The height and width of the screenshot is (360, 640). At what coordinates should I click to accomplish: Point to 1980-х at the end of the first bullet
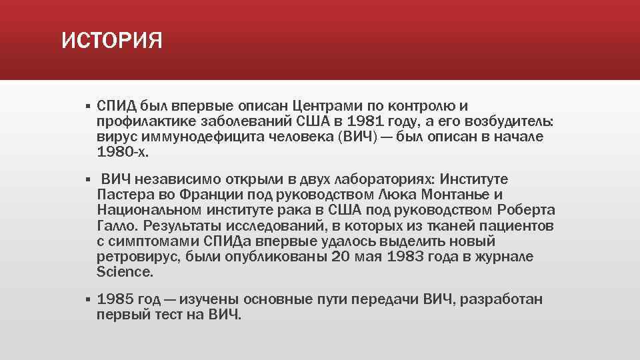click(123, 152)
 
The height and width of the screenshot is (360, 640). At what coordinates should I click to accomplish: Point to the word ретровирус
click(135, 257)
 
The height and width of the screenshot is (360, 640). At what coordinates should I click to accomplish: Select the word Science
click(124, 272)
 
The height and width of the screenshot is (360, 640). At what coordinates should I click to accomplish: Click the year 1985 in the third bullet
click(115, 299)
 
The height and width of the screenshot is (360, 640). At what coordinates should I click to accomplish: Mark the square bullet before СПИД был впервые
click(87, 107)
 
